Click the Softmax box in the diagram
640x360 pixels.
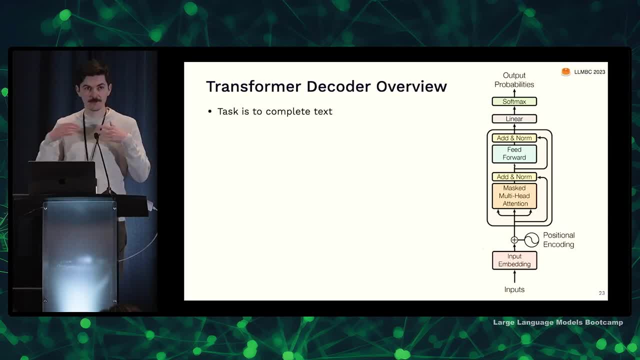click(514, 101)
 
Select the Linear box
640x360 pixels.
click(514, 119)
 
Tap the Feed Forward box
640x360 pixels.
click(514, 153)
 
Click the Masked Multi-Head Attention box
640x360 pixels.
click(514, 196)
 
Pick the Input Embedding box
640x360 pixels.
click(514, 260)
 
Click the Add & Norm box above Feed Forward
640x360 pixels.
click(514, 138)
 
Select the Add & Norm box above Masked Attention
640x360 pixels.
click(514, 177)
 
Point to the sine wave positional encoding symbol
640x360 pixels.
click(531, 239)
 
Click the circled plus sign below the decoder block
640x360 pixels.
click(514, 240)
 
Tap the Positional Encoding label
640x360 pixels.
click(558, 239)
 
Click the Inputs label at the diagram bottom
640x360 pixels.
click(514, 289)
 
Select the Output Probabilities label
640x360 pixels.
click(514, 80)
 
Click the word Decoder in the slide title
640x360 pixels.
click(338, 86)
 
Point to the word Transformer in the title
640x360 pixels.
click(253, 86)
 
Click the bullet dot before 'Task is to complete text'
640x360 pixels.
click(210, 111)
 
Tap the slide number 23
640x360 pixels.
click(601, 293)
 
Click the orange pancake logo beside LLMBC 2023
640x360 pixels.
click(565, 71)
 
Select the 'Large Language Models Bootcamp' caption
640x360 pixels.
click(558, 322)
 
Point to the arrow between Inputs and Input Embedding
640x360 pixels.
click(514, 276)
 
